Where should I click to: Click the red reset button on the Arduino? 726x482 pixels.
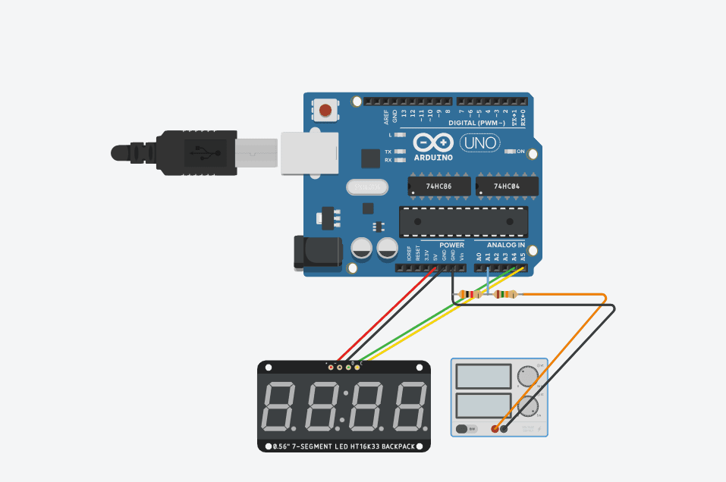click(325, 111)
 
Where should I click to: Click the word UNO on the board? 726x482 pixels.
click(480, 142)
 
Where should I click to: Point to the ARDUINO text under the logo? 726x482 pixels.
click(433, 158)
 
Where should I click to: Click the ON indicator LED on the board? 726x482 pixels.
click(511, 152)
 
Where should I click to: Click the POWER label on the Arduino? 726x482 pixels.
click(451, 246)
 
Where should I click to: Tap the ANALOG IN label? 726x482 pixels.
click(506, 246)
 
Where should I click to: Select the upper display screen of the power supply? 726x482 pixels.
click(482, 376)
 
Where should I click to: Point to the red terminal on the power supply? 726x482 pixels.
click(495, 429)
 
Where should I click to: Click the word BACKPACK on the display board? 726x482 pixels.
click(396, 446)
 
